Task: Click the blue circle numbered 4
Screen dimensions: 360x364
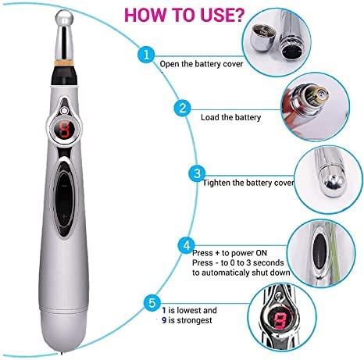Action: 187,246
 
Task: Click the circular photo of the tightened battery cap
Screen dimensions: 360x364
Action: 320,176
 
